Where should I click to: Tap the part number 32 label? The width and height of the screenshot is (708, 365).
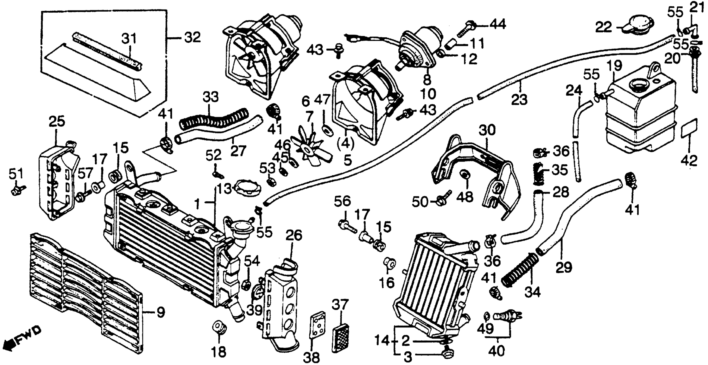(x=192, y=38)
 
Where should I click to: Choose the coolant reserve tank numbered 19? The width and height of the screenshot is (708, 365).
(x=640, y=115)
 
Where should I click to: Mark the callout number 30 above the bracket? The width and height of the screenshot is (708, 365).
(x=487, y=130)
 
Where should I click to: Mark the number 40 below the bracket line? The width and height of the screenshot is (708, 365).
(x=497, y=351)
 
